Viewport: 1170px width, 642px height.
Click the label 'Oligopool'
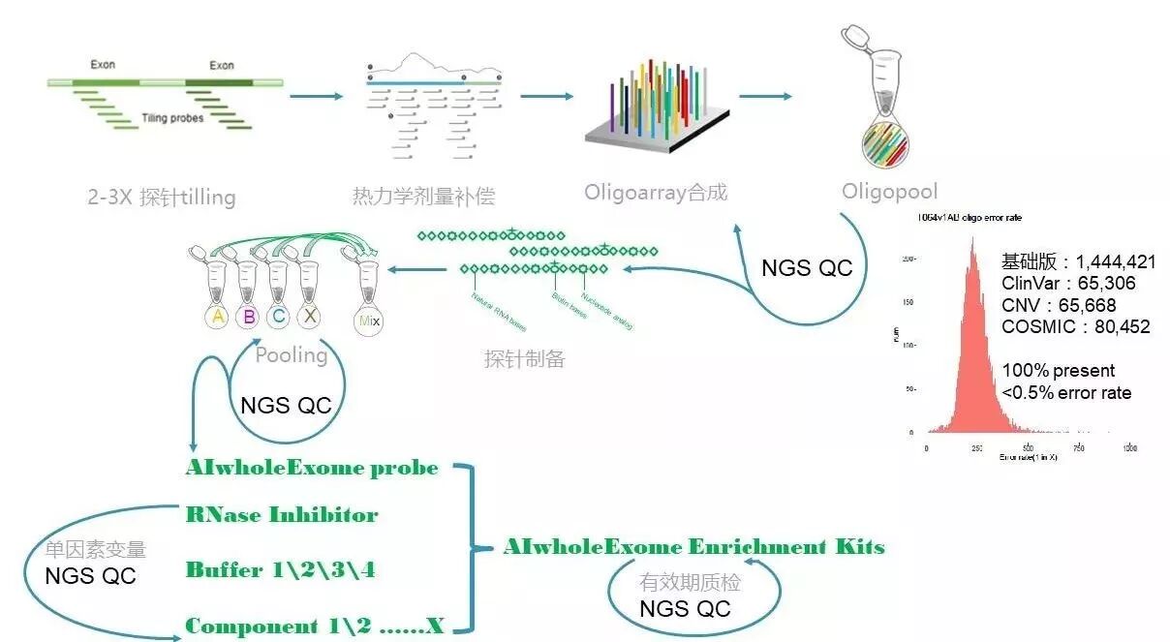pos(889,192)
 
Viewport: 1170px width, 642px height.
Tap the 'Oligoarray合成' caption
pos(656,192)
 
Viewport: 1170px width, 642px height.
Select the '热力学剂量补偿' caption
pos(423,197)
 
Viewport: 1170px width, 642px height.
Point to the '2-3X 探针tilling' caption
pos(161,198)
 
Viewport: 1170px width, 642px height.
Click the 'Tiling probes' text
pos(173,116)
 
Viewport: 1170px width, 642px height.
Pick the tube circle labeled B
pos(249,317)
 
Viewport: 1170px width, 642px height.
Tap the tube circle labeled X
pos(310,317)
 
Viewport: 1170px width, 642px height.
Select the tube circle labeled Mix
pos(368,319)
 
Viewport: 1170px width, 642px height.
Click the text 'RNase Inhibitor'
pos(282,514)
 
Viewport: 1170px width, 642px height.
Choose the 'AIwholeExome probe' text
pos(312,469)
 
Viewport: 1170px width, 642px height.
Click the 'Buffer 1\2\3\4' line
pos(280,570)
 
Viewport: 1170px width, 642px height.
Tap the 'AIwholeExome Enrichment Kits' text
pos(693,547)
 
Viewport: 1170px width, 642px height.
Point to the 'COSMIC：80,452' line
pos(1076,326)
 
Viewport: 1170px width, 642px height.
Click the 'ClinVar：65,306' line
pos(1069,284)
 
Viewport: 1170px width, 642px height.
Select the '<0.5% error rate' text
pos(1066,392)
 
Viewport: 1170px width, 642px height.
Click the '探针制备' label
pos(524,359)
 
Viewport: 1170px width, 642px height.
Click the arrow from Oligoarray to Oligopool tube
pos(765,97)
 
